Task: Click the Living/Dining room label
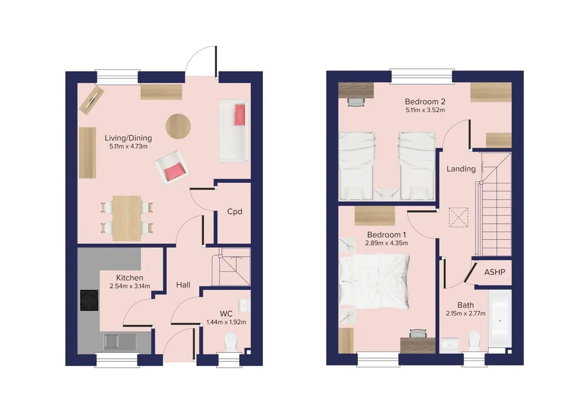(x=128, y=138)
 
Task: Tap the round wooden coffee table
(x=178, y=127)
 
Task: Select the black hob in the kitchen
(x=89, y=300)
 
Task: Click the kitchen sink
(x=111, y=341)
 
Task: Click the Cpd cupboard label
(x=235, y=212)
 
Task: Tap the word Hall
(x=183, y=285)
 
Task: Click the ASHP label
(x=495, y=272)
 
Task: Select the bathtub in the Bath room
(x=500, y=321)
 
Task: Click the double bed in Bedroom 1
(x=374, y=282)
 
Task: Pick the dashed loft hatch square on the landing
(x=459, y=218)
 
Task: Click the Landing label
(x=461, y=169)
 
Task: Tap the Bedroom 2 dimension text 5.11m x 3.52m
(x=425, y=110)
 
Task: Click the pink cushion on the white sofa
(x=240, y=115)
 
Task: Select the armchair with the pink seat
(x=172, y=168)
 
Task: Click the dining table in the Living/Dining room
(x=127, y=219)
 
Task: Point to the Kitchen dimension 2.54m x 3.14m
(x=130, y=286)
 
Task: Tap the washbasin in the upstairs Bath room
(x=450, y=345)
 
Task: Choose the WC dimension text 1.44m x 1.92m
(x=226, y=322)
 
